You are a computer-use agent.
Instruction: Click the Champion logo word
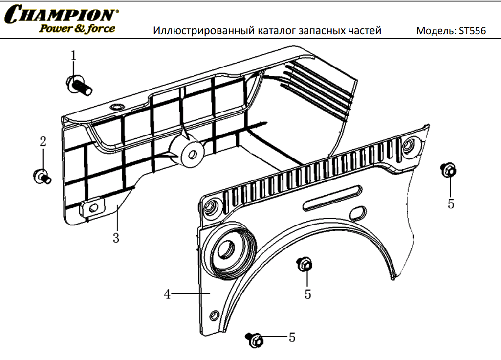tap(61, 14)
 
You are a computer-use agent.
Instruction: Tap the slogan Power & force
tap(77, 28)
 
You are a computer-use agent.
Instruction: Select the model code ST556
tap(472, 31)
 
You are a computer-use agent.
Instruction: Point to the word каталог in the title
tap(276, 31)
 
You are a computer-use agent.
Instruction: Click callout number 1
tap(74, 56)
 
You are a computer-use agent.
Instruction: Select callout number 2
tap(43, 141)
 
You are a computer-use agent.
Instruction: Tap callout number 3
tap(116, 238)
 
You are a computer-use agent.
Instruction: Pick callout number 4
tap(168, 294)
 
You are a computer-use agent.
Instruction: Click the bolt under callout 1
tap(79, 85)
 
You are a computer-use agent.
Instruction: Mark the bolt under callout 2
tap(42, 177)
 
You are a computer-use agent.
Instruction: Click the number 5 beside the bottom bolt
tap(292, 337)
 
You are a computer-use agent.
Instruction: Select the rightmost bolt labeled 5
tap(448, 169)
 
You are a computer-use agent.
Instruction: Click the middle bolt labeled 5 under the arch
tap(305, 264)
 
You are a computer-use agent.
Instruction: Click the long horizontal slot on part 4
tap(332, 198)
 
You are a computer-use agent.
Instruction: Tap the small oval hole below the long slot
tap(358, 213)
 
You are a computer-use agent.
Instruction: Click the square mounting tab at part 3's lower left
tap(92, 207)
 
